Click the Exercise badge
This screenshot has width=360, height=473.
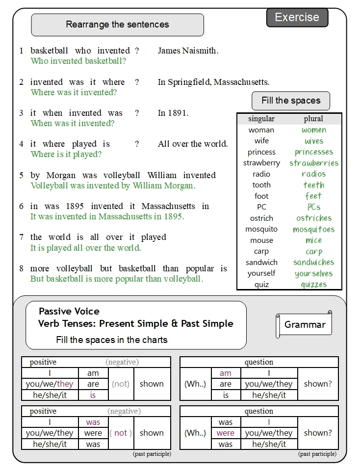297,18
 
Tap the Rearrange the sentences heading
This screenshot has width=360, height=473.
117,25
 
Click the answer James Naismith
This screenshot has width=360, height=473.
188,51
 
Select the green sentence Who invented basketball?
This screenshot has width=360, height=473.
78,61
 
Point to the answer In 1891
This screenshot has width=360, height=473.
173,113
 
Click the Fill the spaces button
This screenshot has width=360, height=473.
290,101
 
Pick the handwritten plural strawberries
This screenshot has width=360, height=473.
313,163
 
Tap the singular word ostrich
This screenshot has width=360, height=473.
261,218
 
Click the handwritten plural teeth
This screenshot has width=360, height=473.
313,185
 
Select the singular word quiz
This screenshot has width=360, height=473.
261,285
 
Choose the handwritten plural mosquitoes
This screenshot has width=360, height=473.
313,229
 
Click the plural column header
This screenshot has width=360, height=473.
313,119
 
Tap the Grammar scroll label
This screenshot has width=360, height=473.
305,324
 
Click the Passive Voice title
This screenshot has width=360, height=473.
69,311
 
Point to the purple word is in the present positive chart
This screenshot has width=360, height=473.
93,395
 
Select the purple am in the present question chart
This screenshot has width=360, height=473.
226,373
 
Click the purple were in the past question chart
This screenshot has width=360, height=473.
226,433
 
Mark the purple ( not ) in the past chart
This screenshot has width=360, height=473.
121,433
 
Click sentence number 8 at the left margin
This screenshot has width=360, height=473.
21,269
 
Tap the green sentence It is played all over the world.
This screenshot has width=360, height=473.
86,248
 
